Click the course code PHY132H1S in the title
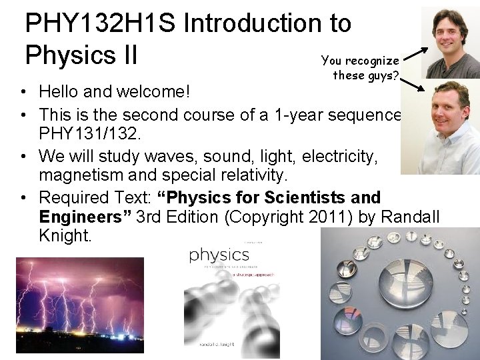[100, 23]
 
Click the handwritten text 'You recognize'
[360, 61]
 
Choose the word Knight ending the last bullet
[65, 236]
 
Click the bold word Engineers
[85, 217]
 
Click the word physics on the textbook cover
[219, 255]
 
